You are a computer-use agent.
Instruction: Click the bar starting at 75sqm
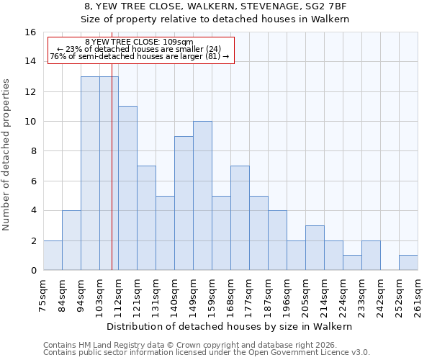coord(53,255)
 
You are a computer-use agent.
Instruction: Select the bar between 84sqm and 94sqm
coord(71,240)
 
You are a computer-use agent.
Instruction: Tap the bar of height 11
coord(127,188)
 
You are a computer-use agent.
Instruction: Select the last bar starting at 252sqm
coord(408,262)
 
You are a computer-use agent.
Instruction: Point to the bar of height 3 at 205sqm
coord(315,248)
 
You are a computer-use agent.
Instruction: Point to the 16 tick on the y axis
coord(30,32)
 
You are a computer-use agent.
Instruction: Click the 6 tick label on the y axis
coord(33,181)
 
